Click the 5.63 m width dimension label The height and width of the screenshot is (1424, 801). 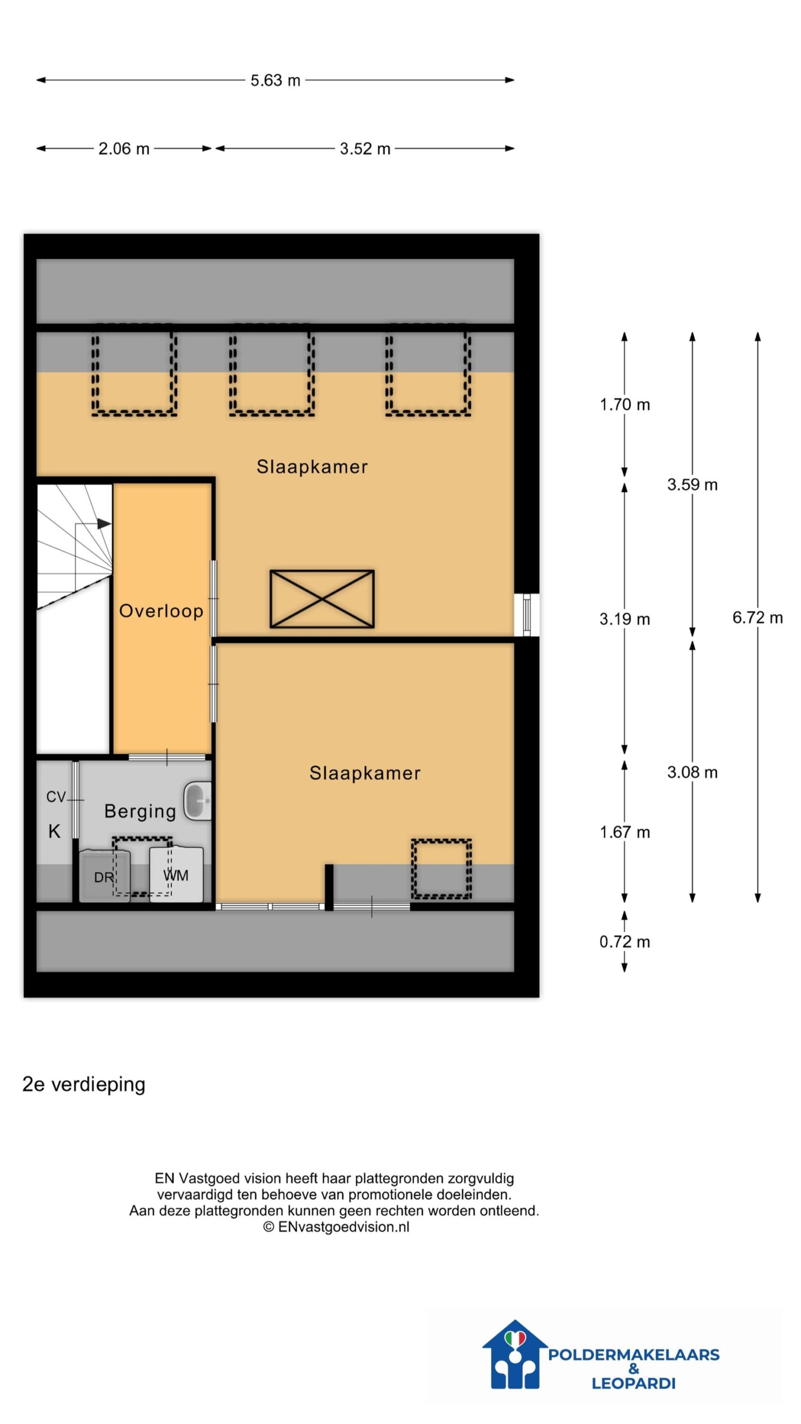click(275, 81)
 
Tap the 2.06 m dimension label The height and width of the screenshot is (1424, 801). click(123, 149)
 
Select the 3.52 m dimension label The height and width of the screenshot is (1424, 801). click(365, 149)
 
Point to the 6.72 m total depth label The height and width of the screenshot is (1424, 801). click(757, 617)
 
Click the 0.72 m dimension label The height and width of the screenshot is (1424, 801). click(624, 942)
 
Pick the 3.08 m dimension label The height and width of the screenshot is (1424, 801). click(692, 772)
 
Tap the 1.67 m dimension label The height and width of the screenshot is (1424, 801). click(624, 832)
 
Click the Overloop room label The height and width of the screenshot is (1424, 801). click(161, 611)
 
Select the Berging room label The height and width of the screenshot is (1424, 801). click(140, 812)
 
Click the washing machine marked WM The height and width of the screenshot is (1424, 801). click(176, 874)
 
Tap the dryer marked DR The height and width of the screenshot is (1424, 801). click(104, 876)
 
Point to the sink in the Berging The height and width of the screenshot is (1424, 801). click(197, 801)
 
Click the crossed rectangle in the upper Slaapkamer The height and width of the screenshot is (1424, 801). click(322, 599)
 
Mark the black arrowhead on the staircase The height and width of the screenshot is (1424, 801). click(104, 523)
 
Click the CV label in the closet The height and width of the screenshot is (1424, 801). click(56, 797)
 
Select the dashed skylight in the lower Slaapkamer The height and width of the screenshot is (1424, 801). click(441, 869)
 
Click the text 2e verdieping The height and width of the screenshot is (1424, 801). click(84, 1084)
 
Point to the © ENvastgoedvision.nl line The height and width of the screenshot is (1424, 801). click(336, 1227)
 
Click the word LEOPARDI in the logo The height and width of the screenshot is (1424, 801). click(633, 1383)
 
